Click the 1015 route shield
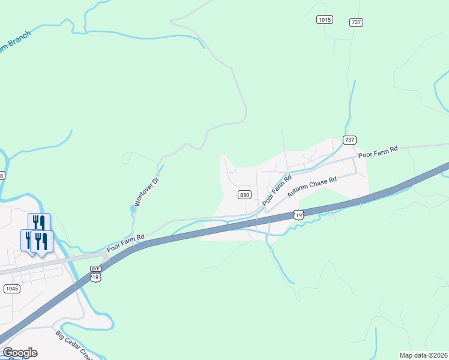(324, 20)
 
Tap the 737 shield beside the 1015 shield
(357, 22)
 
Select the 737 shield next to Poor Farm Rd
(349, 140)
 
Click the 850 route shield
(244, 194)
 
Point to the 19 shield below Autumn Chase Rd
(298, 214)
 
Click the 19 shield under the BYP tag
(95, 277)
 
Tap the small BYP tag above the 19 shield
(95, 269)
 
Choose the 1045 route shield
(12, 289)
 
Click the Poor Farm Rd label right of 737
(378, 152)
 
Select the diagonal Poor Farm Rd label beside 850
(277, 190)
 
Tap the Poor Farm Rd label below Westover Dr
(125, 242)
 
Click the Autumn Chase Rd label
(313, 187)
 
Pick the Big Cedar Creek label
(74, 346)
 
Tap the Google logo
(19, 352)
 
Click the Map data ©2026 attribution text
(423, 355)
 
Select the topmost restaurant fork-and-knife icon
(39, 223)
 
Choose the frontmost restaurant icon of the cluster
(41, 241)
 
